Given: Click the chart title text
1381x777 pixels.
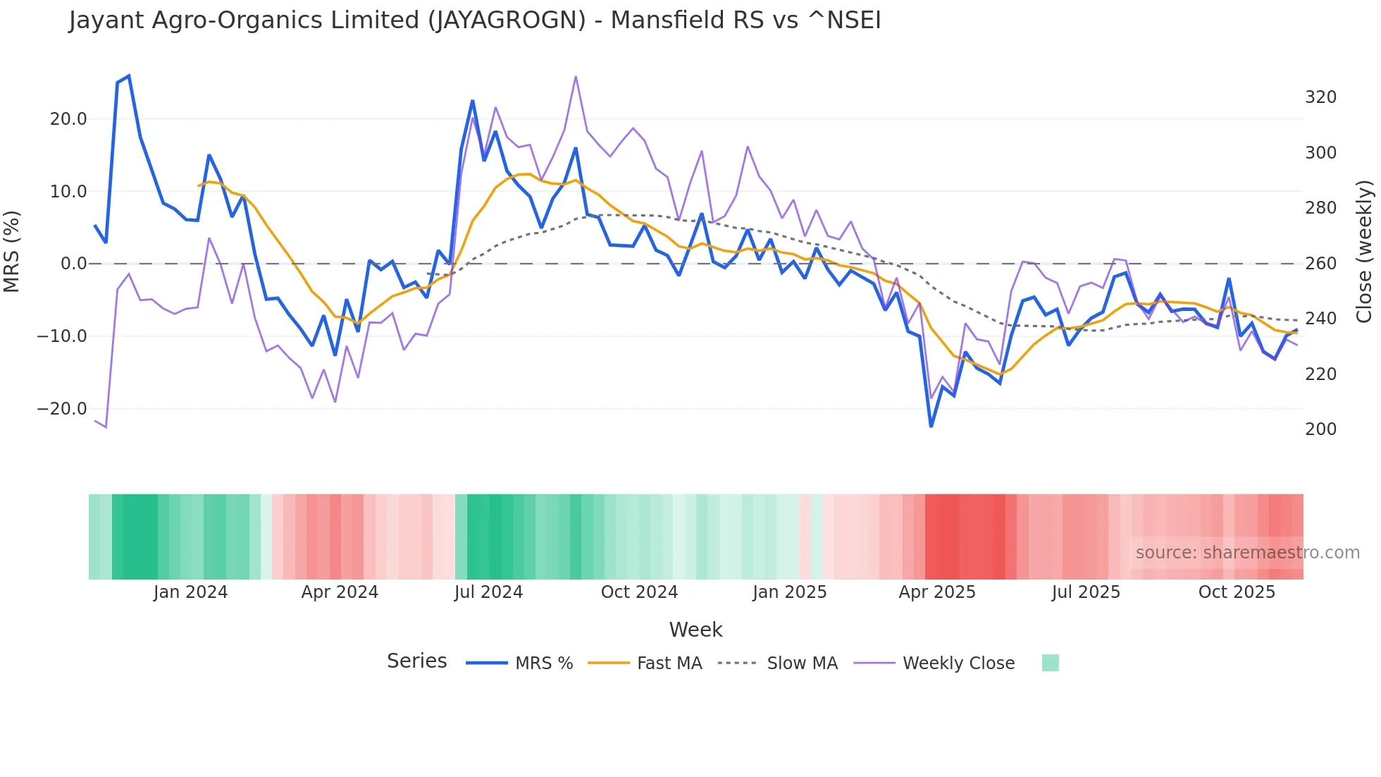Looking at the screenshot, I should tap(474, 20).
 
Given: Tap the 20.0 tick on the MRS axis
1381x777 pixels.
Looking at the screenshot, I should tap(68, 119).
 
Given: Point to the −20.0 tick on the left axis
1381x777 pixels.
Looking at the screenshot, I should tap(62, 409).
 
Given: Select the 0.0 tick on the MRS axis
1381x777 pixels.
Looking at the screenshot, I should tap(73, 264).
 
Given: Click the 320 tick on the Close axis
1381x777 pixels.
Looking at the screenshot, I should tap(1320, 97).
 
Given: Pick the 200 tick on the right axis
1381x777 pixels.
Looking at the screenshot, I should tap(1320, 429).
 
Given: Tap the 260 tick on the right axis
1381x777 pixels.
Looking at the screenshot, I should tap(1320, 264).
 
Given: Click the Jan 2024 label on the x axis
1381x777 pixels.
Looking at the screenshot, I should tap(190, 592).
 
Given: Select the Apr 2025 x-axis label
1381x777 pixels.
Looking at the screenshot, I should tap(936, 592).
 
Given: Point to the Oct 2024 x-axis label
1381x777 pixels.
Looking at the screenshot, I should tap(639, 592).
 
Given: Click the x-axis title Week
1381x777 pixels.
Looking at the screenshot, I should tap(695, 630).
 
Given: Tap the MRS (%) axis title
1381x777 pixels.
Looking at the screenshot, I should tap(12, 251).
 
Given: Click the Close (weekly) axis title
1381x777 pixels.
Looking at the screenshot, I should tap(1365, 251).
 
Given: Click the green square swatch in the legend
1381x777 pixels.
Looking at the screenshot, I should tap(1050, 663).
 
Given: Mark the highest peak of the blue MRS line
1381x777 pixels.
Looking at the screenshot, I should tap(128, 76).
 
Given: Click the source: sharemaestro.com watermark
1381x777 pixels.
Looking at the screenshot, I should tap(1247, 553).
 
